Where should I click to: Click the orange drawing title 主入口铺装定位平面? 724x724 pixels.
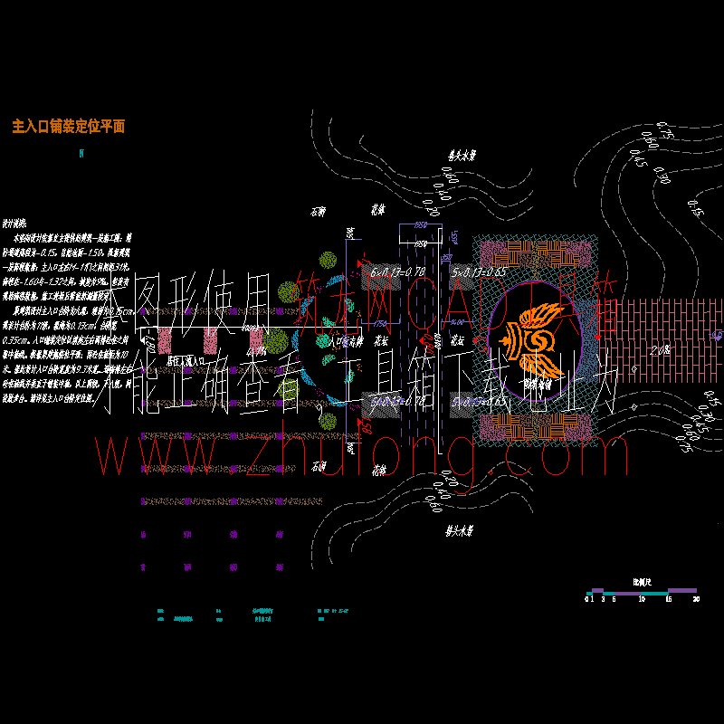pos(69,127)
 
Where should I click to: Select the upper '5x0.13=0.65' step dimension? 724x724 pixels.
pos(477,271)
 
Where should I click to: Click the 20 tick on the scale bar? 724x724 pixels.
pos(695,599)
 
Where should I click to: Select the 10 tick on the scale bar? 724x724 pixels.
pos(641,599)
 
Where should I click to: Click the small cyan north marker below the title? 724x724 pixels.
pos(82,154)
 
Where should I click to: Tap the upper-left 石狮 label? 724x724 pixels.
pos(317,212)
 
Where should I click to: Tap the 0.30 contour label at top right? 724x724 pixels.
pos(661,175)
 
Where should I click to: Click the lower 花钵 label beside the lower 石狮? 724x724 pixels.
pos(377,470)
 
